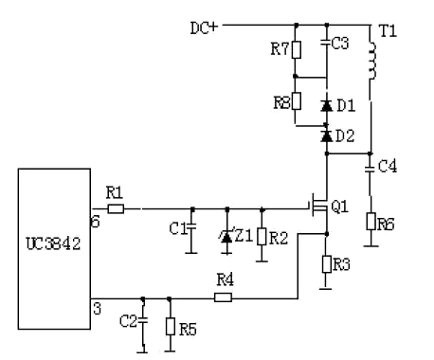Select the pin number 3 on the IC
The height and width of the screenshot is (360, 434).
point(96,308)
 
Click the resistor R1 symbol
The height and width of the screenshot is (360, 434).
point(115,207)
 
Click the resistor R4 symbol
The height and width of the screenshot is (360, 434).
point(224,297)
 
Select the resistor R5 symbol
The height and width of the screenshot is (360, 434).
point(169,327)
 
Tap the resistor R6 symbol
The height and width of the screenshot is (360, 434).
point(370,222)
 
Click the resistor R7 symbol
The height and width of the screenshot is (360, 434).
point(296,50)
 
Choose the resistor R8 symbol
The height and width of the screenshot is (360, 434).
point(296,100)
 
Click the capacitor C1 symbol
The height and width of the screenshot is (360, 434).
point(191,229)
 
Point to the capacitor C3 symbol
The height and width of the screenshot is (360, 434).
point(326,43)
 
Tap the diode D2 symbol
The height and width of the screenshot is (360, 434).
point(326,136)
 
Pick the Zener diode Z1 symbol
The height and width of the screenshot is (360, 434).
point(226,236)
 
